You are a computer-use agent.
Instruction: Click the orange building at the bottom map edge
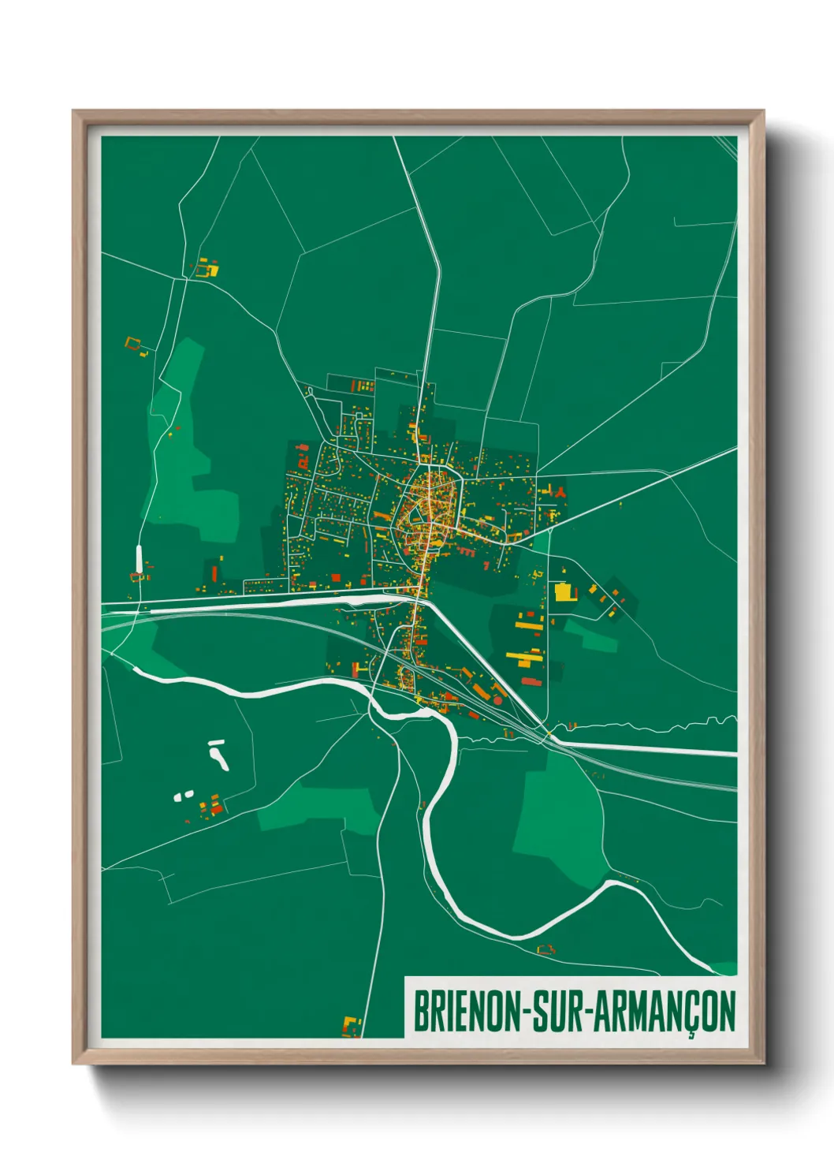click(x=351, y=1026)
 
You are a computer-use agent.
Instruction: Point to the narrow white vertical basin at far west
click(x=140, y=558)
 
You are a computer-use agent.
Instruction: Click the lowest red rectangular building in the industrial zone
click(x=531, y=681)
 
